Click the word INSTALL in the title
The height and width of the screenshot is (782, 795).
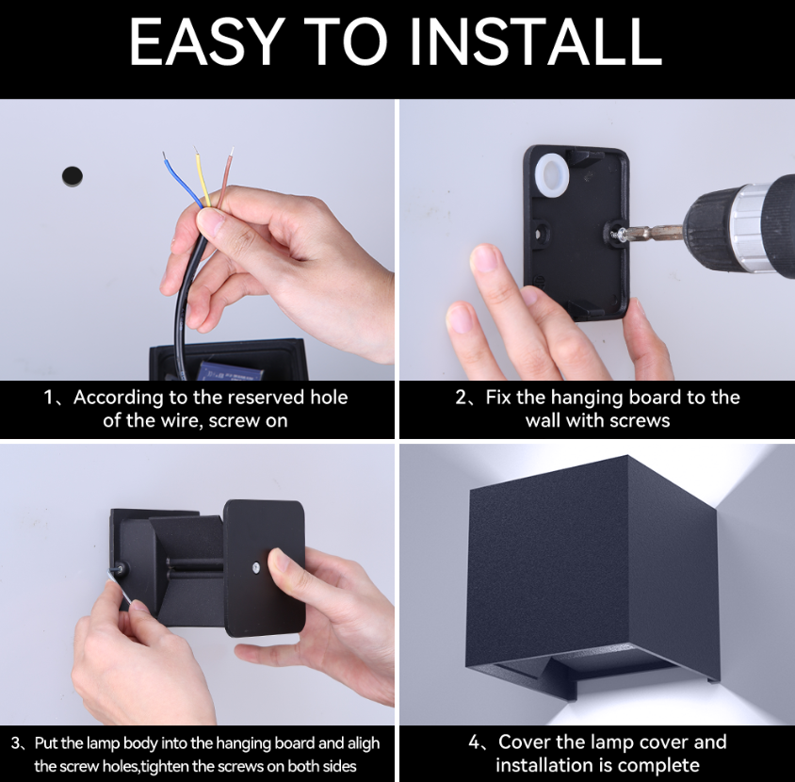coord(536,41)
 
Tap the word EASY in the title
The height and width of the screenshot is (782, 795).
coord(206,41)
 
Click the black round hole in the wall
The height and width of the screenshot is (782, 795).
coord(72,175)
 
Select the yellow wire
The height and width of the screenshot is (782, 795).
coord(203,177)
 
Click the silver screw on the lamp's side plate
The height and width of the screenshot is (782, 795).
coord(255,567)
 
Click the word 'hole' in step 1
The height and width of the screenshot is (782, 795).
coord(329,397)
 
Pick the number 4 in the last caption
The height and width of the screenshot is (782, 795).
coord(475,742)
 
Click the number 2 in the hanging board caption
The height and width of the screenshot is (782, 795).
coord(461,397)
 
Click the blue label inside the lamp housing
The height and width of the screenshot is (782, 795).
coord(230,370)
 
